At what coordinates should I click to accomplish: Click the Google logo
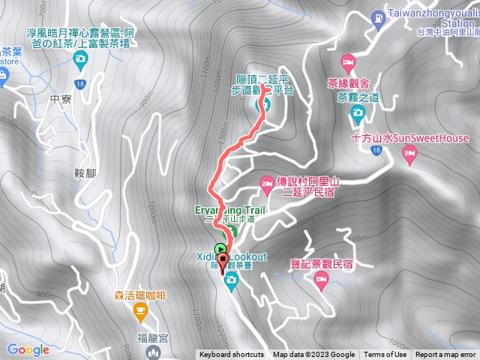[x=28, y=349]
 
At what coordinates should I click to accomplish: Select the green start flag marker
[x=220, y=249]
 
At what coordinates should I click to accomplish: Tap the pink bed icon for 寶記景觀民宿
[x=322, y=281]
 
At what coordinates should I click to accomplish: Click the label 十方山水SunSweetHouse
[x=409, y=138]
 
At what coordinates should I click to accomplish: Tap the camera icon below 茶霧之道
[x=358, y=112]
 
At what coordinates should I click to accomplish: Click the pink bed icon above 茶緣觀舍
[x=348, y=61]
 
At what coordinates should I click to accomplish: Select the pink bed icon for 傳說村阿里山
[x=267, y=182]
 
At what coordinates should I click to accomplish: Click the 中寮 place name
[x=58, y=97]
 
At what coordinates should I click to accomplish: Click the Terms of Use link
[x=385, y=355]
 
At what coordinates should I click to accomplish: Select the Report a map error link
[x=445, y=355]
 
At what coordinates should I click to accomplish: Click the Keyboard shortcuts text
[x=232, y=355]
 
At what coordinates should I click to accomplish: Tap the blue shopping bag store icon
[x=4, y=74]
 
